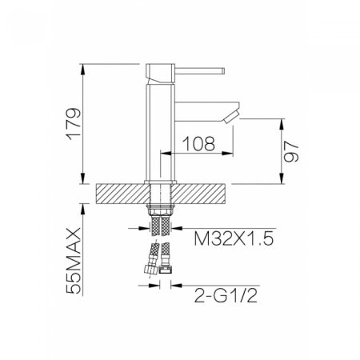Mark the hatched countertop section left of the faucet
[x=122, y=192]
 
